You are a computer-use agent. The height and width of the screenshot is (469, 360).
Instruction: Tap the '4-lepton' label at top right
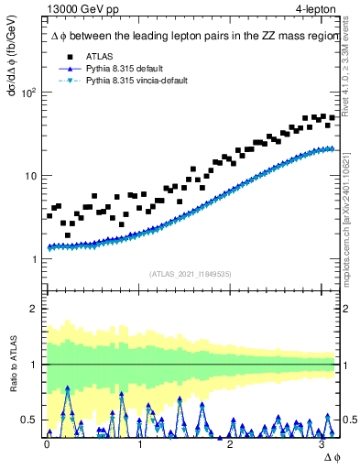314,9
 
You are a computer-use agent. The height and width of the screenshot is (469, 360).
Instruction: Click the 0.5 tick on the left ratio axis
29,420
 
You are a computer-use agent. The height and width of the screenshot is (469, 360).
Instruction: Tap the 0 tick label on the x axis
47,443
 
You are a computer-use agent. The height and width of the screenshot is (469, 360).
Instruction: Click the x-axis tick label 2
230,443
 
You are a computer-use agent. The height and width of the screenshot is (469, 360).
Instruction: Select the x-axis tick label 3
322,443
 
